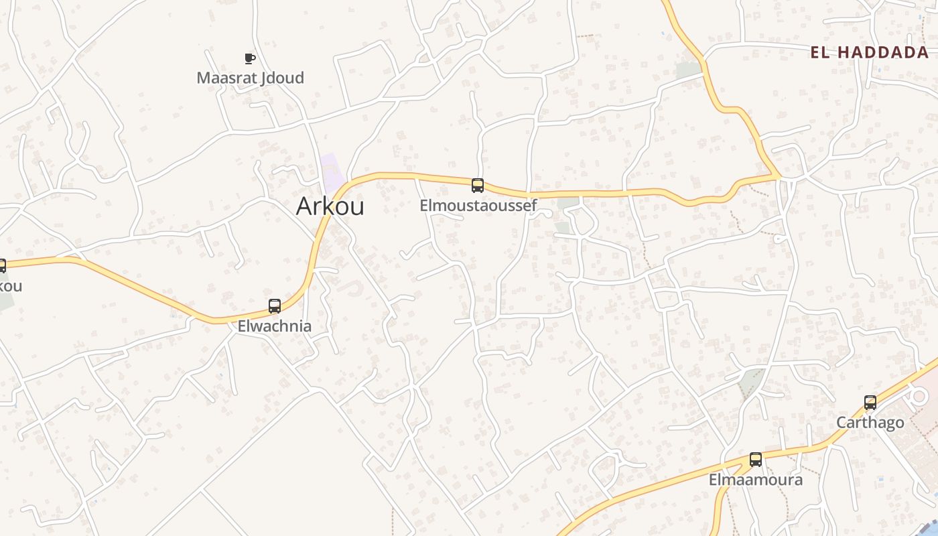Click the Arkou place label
point(330,206)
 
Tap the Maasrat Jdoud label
point(250,78)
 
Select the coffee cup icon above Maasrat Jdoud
point(250,59)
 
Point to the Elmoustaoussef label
point(478,206)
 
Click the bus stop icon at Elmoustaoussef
point(478,186)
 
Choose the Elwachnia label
point(275,326)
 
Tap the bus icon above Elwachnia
point(275,306)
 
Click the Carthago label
point(870,423)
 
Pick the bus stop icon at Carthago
point(870,403)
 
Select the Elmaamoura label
point(755,480)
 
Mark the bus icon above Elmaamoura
point(756,460)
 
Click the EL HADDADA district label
point(869,52)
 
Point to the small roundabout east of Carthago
point(919,397)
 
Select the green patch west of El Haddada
point(688,70)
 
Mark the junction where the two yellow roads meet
point(779,176)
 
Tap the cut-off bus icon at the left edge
point(2,266)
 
